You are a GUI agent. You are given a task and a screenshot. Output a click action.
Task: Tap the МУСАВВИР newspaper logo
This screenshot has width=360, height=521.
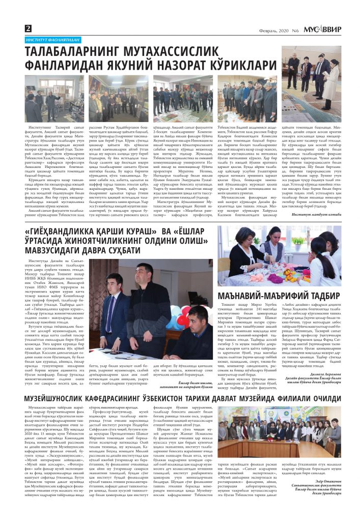point(322,30)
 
